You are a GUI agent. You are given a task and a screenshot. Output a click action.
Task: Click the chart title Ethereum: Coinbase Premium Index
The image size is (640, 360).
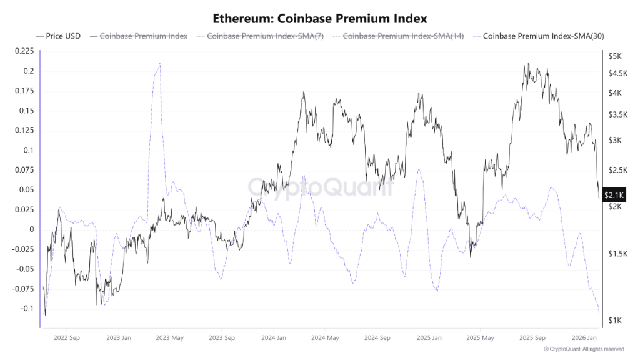(320, 18)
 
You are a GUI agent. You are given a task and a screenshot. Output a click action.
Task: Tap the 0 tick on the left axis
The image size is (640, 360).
(31, 229)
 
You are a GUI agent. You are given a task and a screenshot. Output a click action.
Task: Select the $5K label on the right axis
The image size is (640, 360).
(615, 56)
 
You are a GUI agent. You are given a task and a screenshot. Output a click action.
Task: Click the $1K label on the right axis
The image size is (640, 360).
(615, 321)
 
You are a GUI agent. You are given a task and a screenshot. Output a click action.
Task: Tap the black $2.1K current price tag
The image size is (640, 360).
(616, 196)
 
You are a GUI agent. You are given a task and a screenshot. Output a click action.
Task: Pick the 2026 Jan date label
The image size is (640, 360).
(583, 337)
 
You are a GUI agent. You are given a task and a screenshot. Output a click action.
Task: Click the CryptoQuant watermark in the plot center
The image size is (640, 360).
(321, 186)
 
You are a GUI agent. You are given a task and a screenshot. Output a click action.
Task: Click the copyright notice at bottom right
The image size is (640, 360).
(584, 349)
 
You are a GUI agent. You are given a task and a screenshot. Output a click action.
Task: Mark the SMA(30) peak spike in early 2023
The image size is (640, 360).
(160, 63)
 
